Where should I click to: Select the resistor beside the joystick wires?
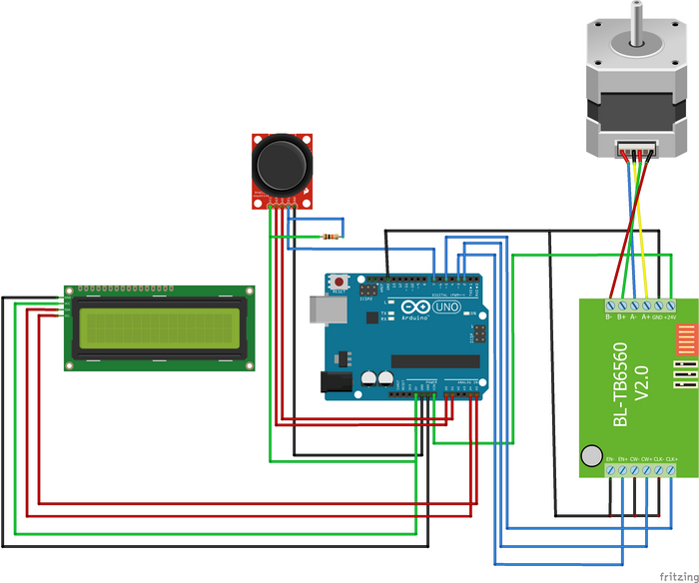(331, 237)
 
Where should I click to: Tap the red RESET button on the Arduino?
(343, 283)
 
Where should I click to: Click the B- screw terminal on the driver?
(609, 303)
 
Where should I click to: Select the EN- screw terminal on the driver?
(610, 469)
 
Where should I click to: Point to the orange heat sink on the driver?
(685, 340)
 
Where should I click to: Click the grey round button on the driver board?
(591, 456)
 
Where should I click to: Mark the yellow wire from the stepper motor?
(644, 230)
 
